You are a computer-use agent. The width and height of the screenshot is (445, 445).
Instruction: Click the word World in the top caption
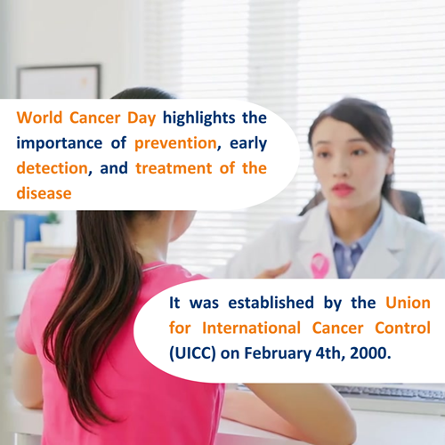pyautogui.click(x=39, y=117)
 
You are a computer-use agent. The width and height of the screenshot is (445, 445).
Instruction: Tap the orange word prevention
pyautogui.click(x=175, y=143)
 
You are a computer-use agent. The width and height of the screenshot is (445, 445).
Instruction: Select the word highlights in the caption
pyautogui.click(x=198, y=118)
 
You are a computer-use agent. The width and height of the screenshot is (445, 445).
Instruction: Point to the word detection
pyautogui.click(x=53, y=168)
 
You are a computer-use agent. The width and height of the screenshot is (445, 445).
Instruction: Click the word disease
pyautogui.click(x=44, y=193)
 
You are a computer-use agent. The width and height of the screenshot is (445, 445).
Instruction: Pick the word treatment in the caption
pyautogui.click(x=174, y=168)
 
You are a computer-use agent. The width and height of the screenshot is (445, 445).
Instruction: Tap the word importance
pyautogui.click(x=60, y=143)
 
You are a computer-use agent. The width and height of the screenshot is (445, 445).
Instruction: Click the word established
pyautogui.click(x=271, y=303)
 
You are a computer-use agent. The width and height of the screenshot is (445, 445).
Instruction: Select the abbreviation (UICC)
pyautogui.click(x=192, y=353)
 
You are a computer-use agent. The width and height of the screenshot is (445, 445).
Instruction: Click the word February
pyautogui.click(x=278, y=354)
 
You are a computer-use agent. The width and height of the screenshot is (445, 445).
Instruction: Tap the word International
pyautogui.click(x=251, y=328)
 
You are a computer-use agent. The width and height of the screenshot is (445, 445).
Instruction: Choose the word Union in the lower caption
pyautogui.click(x=408, y=303)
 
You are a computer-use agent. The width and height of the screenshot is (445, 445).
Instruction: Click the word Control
pyautogui.click(x=402, y=328)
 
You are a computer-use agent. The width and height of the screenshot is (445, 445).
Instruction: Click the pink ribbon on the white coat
pyautogui.click(x=320, y=265)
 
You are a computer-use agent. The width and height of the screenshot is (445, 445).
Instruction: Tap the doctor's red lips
pyautogui.click(x=343, y=190)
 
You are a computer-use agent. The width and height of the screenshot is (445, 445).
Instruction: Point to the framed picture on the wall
pyautogui.click(x=59, y=82)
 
